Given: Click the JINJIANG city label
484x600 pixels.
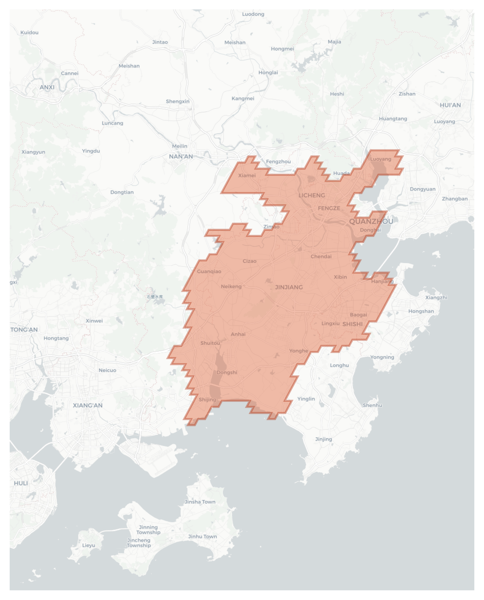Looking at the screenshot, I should coord(289,287).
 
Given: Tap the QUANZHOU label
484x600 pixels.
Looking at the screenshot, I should coord(371,221).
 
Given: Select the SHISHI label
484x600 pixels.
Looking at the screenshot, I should coord(352,324).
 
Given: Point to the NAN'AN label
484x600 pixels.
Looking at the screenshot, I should coord(181,157).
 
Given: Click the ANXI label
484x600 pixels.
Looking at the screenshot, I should coord(47,87).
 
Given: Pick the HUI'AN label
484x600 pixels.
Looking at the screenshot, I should coord(450,105).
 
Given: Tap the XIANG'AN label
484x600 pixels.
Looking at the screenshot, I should coord(88,405).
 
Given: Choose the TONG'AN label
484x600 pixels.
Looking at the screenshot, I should coord(24,330).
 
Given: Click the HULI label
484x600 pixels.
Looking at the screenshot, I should coord(21,483).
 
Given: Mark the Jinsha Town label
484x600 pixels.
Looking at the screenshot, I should coord(200,502).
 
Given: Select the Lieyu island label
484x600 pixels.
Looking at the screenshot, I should coord(88,545).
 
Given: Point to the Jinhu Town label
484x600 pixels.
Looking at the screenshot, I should coord(202,536).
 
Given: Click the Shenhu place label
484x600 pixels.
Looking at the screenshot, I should coord(372,405).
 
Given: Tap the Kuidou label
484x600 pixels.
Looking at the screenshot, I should coord(29,33).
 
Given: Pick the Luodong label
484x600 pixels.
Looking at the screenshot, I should coord(253,14).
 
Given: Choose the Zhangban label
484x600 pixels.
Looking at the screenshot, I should coord(455,199).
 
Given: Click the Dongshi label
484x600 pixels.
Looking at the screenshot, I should coord(227,372).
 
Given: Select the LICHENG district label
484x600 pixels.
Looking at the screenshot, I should coord(312,195).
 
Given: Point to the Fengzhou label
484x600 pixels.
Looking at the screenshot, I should coord(278,162).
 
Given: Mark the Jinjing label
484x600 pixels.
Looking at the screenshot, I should coord(323,439).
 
